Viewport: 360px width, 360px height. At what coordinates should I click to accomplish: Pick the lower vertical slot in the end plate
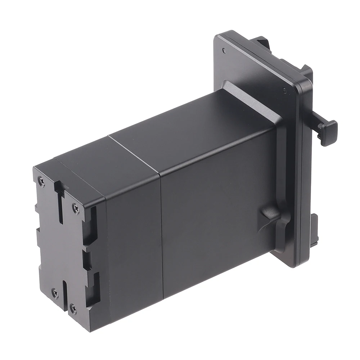pos(65,295)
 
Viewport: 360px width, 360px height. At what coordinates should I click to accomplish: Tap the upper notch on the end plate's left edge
pos(37,209)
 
